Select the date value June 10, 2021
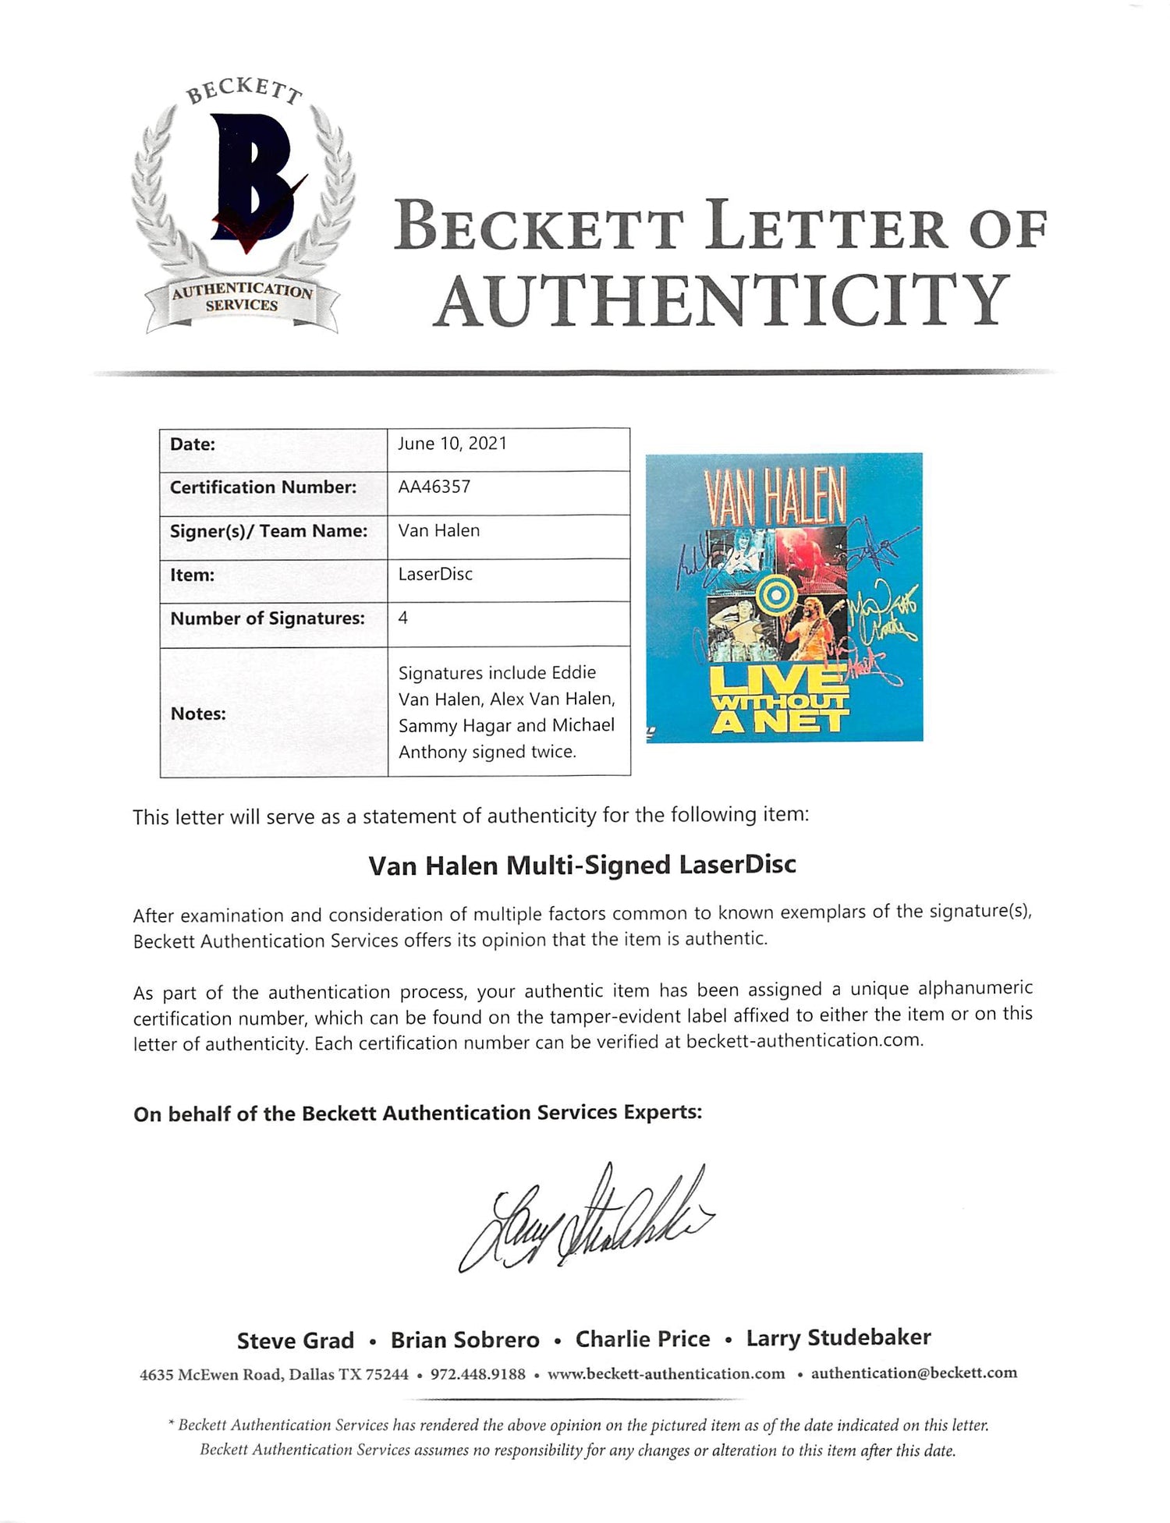(452, 444)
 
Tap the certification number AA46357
(434, 487)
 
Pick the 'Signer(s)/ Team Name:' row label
(268, 531)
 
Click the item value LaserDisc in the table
(435, 574)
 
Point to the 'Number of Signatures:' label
(268, 618)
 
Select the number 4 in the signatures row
(403, 618)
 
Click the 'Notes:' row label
(198, 713)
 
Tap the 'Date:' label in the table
(193, 444)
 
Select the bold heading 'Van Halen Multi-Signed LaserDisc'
(582, 865)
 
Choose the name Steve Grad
(296, 1340)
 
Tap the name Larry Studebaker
(838, 1337)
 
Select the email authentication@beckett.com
(914, 1373)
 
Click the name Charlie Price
(643, 1339)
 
